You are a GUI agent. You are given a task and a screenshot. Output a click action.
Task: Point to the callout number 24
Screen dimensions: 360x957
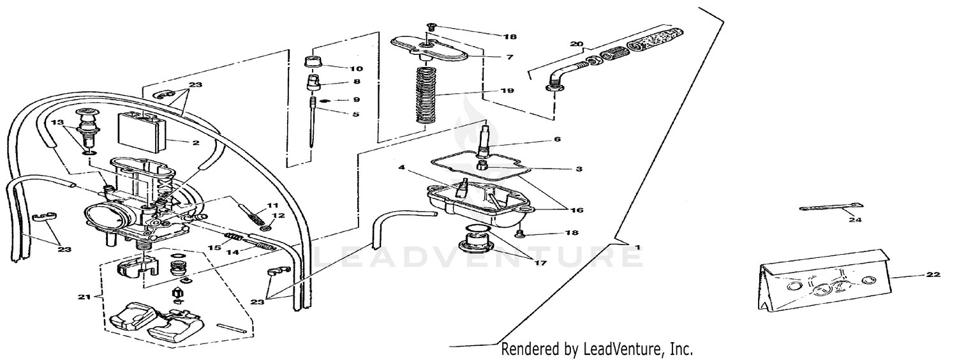tap(854, 220)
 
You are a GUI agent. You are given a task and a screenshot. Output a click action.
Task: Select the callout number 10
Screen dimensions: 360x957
tap(355, 68)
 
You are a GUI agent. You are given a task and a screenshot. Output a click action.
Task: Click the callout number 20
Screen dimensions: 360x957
tap(576, 44)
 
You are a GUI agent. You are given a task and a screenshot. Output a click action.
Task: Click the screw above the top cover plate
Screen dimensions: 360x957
tap(430, 27)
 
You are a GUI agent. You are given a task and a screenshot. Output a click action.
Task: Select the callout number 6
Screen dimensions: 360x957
tap(557, 139)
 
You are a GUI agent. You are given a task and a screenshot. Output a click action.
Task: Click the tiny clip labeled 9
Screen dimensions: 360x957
tap(325, 100)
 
